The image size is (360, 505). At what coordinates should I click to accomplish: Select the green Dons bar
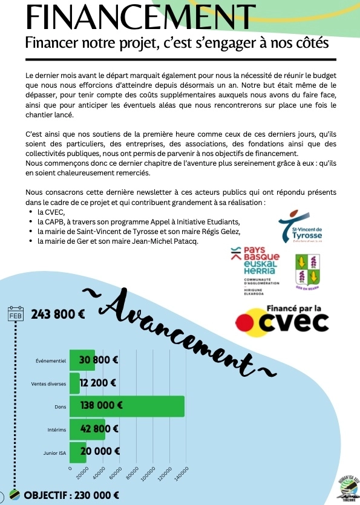click(127, 406)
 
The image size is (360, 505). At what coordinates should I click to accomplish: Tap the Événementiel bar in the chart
click(82, 360)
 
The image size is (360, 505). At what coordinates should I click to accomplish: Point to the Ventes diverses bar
click(74, 383)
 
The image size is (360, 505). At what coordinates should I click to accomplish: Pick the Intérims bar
click(87, 429)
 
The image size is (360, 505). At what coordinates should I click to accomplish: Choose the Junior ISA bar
click(78, 452)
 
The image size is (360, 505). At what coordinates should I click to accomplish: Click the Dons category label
click(60, 407)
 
